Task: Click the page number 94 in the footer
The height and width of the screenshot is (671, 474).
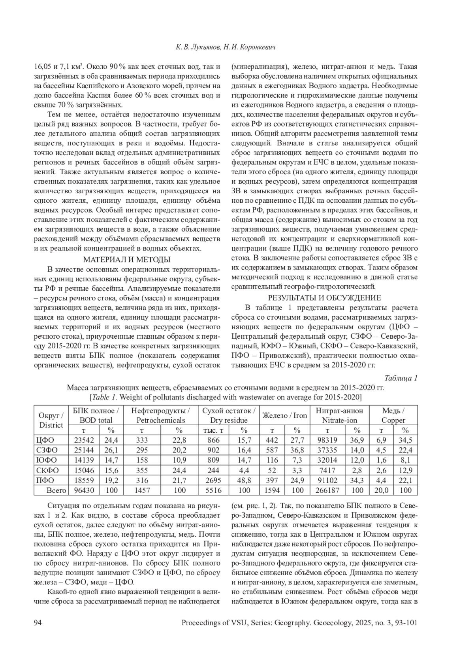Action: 38,623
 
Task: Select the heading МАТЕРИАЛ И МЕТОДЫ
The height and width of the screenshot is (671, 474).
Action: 126,260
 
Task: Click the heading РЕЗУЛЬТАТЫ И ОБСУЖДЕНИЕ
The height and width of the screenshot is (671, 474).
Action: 324,298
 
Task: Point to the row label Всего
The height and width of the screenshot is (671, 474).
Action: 56,490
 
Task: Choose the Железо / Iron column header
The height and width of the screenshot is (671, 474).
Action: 284,415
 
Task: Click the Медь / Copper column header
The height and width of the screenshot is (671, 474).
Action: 393,415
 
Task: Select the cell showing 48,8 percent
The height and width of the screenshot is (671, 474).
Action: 244,481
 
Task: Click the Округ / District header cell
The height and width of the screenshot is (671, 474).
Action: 51,420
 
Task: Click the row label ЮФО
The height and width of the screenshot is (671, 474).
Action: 46,460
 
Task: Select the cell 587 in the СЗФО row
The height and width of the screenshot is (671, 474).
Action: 270,450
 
